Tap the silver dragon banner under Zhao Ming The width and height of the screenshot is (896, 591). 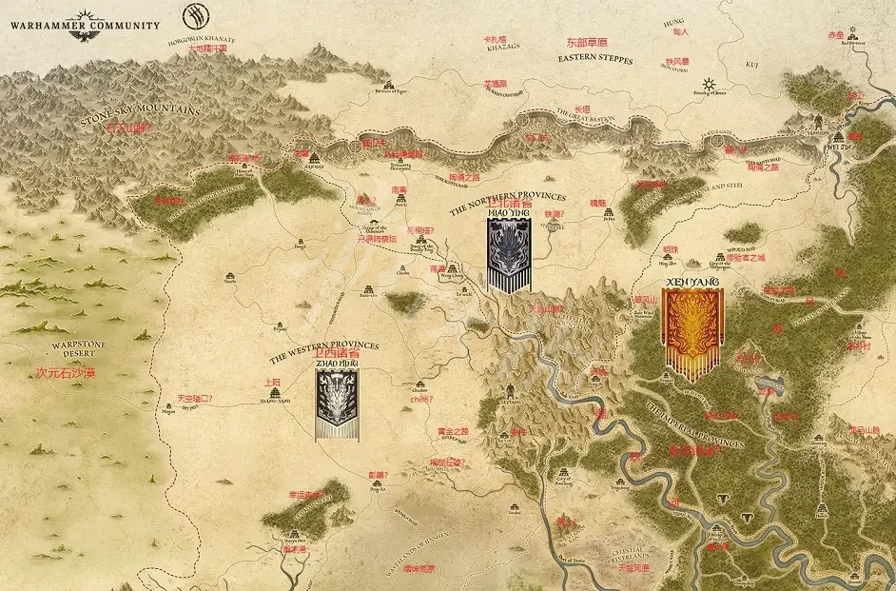pyautogui.click(x=338, y=404)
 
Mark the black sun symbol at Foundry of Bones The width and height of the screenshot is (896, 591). pyautogui.click(x=707, y=83)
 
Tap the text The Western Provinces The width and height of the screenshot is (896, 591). pyautogui.click(x=323, y=351)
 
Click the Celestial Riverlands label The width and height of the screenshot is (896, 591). pyautogui.click(x=631, y=555)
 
